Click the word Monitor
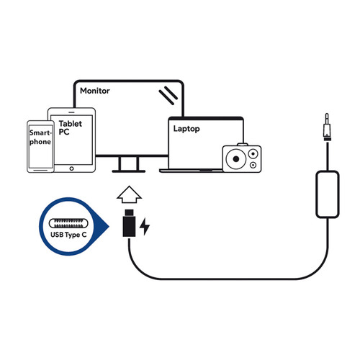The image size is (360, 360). tap(94, 91)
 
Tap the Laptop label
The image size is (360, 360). tap(186, 129)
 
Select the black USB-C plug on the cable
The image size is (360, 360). tap(127, 225)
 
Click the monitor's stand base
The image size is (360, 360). tap(127, 171)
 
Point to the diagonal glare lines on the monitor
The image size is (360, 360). tap(168, 94)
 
